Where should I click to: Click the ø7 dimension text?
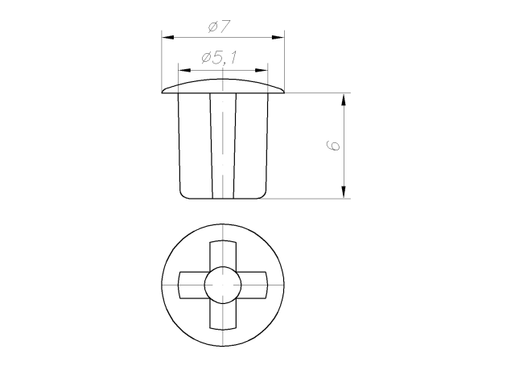[220, 27]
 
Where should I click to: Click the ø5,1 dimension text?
[219, 58]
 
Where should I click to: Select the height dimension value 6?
[333, 146]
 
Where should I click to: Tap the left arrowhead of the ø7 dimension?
[167, 38]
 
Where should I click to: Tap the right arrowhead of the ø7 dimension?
[278, 38]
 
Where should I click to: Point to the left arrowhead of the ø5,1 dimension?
[184, 70]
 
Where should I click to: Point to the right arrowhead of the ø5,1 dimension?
[262, 70]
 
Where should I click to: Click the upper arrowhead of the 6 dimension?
[344, 100]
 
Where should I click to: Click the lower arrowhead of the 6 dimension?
[344, 192]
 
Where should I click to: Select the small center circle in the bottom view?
[223, 285]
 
